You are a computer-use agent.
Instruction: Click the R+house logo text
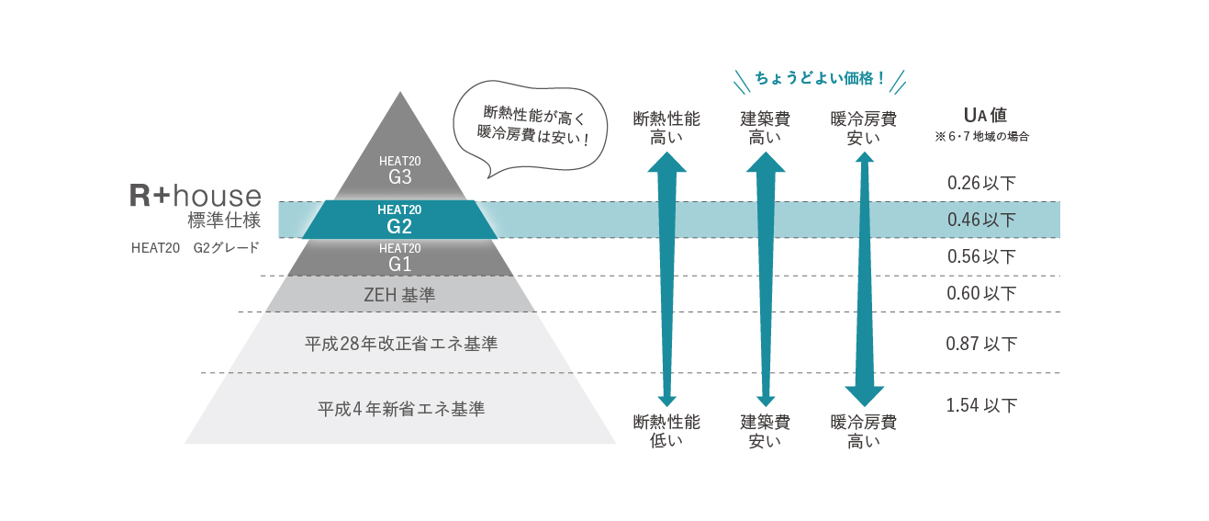click(195, 195)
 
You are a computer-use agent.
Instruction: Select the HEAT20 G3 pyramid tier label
click(399, 170)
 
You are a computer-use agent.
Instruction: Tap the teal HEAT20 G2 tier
click(399, 220)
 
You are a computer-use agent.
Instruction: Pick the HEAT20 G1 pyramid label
click(399, 258)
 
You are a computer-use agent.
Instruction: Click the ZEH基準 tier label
click(399, 295)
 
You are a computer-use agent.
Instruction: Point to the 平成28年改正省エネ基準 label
click(401, 344)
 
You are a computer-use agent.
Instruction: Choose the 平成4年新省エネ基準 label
click(401, 409)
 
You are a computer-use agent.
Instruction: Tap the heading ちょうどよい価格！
click(820, 79)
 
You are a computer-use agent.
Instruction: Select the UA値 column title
click(985, 116)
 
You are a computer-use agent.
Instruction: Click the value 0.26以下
click(981, 183)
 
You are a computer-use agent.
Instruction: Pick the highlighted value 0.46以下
click(981, 220)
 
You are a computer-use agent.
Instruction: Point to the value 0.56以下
click(981, 257)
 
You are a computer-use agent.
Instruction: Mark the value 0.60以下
click(981, 294)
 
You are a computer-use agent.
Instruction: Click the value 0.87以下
click(981, 345)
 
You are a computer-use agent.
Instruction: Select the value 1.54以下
click(981, 405)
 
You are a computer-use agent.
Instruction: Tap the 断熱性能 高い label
click(666, 129)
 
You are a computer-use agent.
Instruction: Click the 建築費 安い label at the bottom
click(766, 432)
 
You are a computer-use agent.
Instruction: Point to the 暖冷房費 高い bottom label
click(864, 432)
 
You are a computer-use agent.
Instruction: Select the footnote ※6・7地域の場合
click(981, 137)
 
